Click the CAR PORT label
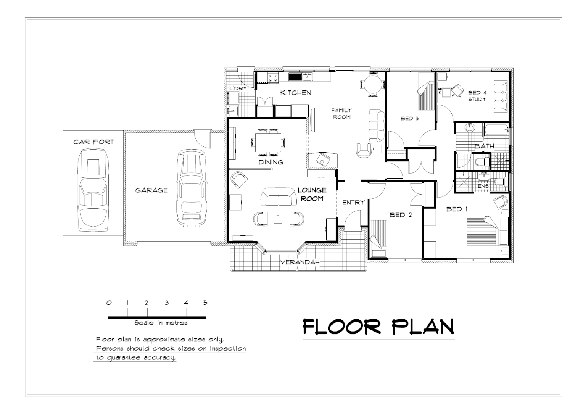(x=93, y=142)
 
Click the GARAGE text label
(x=151, y=190)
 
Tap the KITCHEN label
(x=296, y=93)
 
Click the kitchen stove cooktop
(x=273, y=78)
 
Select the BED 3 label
(x=410, y=119)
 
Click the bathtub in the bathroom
(x=496, y=132)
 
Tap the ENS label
(x=483, y=186)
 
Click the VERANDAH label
(x=300, y=262)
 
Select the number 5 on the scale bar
(x=205, y=303)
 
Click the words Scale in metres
(x=161, y=323)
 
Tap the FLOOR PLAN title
(x=378, y=327)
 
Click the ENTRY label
(x=353, y=203)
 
